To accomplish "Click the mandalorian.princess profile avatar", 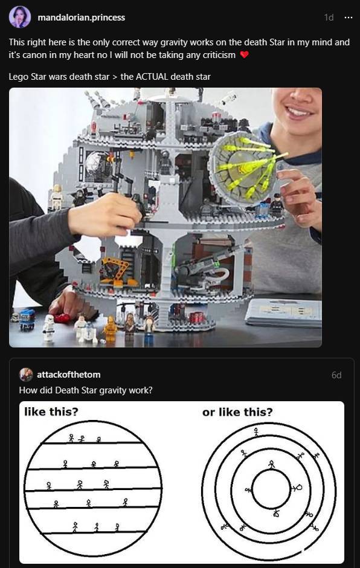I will coord(20,17).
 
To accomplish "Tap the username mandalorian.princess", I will coord(81,18).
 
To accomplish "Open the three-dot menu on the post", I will coord(347,18).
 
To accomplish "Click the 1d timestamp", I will coord(329,18).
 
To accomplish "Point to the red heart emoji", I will coord(244,55).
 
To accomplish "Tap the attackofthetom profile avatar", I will coord(26,375).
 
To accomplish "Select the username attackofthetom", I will coord(69,375).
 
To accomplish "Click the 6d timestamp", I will coord(336,375).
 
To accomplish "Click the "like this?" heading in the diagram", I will coord(51,413).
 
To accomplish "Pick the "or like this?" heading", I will coord(237,413).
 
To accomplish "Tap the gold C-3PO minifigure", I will coord(110,329).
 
